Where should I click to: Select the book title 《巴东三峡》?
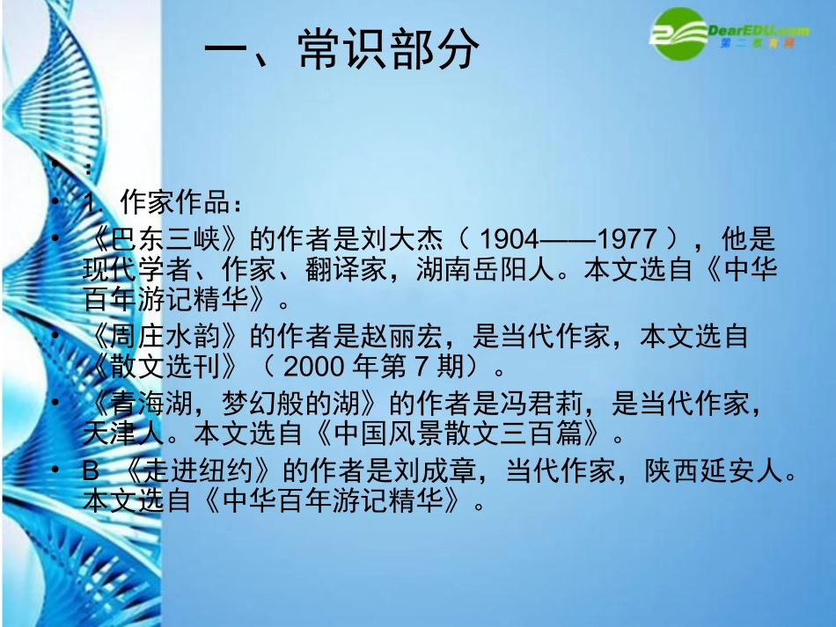(167, 239)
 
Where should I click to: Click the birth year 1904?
(513, 239)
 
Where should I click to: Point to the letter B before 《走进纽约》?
(91, 473)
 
